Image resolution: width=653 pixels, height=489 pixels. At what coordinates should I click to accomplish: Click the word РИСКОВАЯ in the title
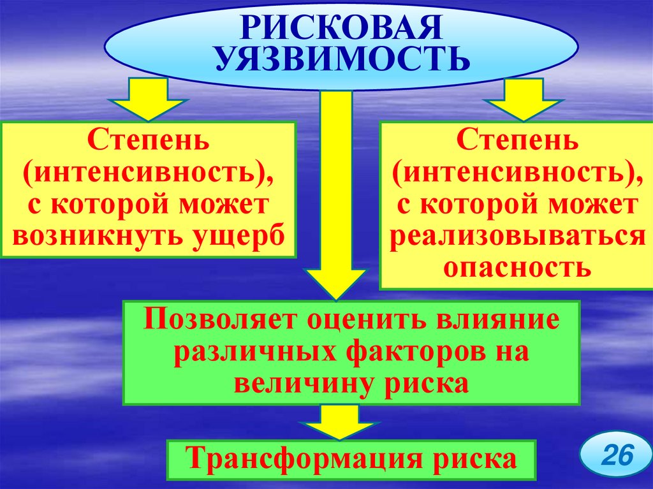(341, 27)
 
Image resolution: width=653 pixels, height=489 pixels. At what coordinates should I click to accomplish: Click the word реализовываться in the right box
(516, 235)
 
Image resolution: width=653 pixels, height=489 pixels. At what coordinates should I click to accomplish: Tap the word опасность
(516, 266)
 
